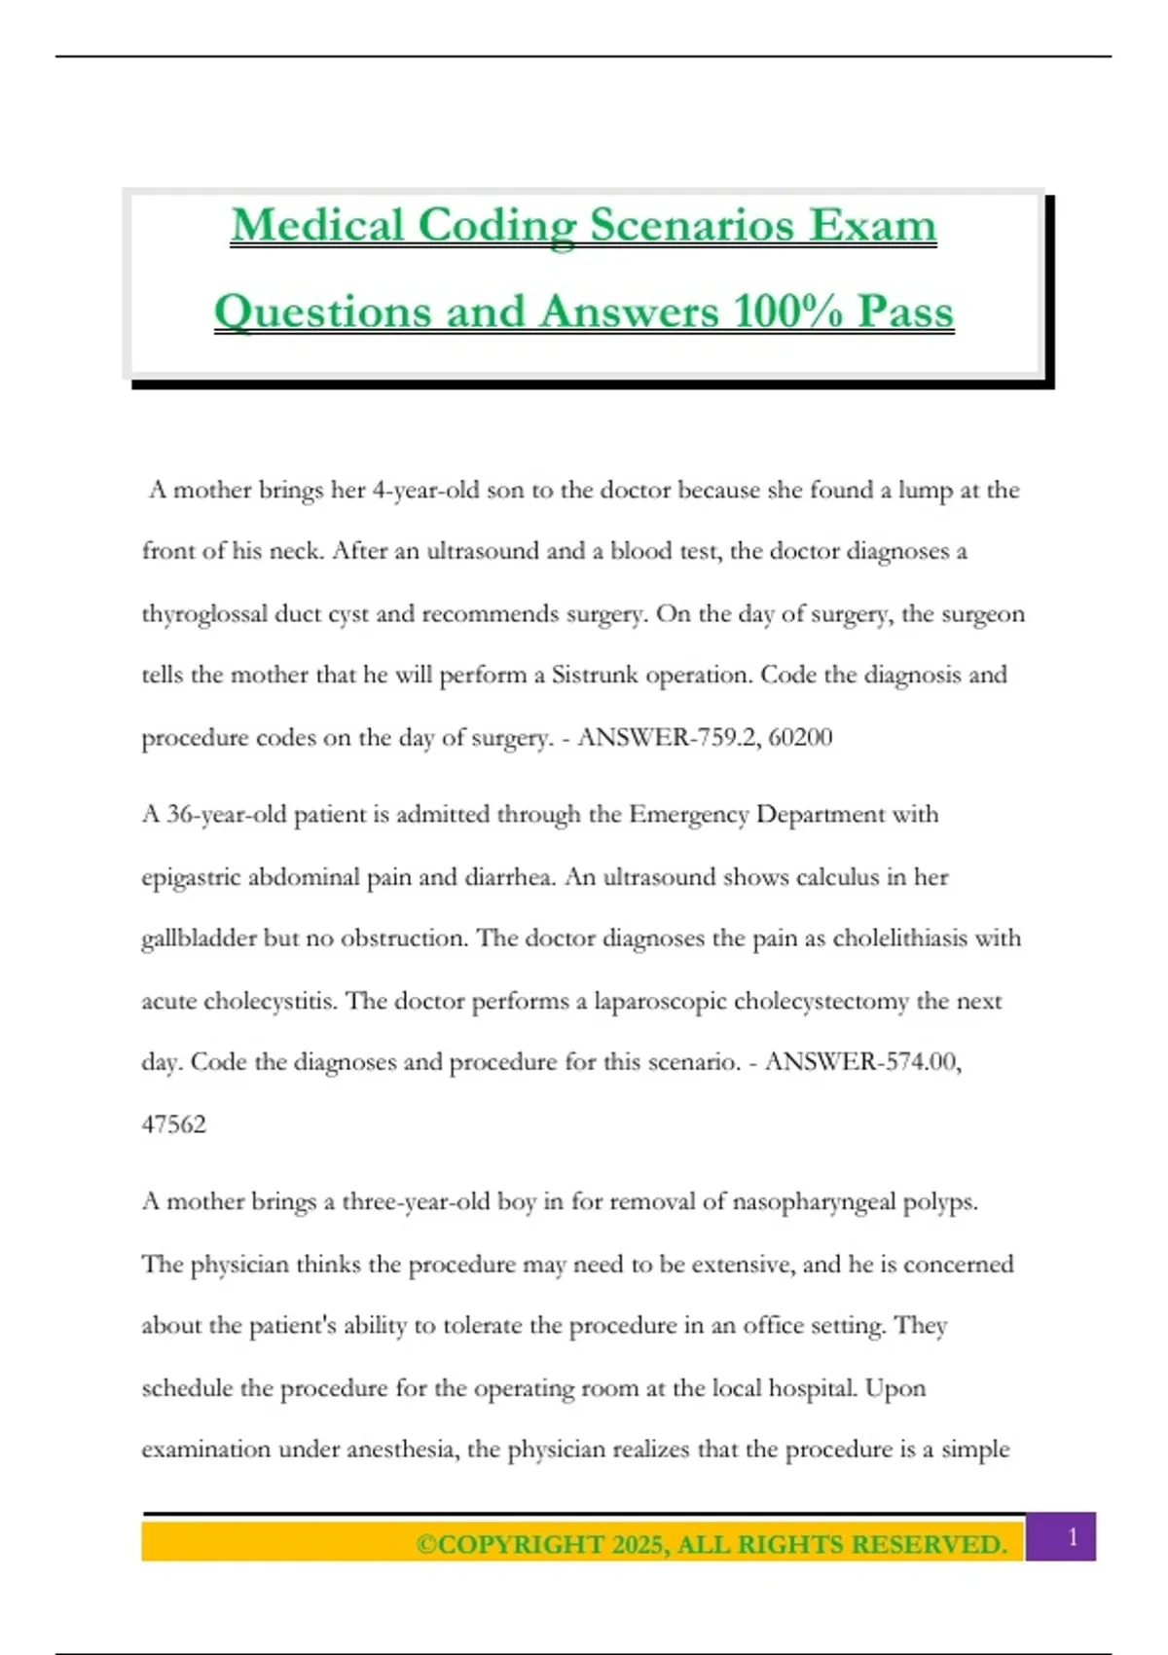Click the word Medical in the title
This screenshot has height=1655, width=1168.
coord(317,226)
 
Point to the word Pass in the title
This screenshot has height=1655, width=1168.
coord(905,313)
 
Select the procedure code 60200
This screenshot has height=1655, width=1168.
coord(800,737)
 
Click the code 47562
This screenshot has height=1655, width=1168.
coord(174,1124)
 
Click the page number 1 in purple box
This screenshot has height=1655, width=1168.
coord(1073,1537)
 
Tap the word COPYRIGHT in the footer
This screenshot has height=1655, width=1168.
coord(521,1545)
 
